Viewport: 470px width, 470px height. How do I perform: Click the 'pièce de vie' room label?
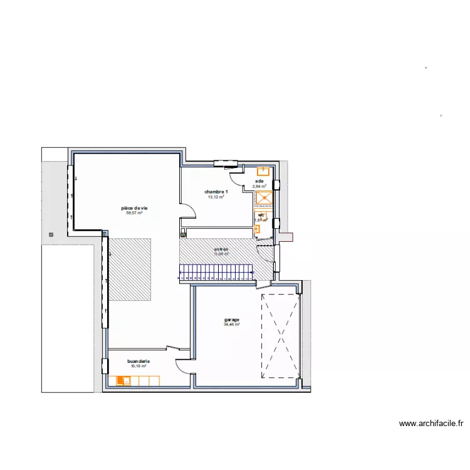(x=135, y=208)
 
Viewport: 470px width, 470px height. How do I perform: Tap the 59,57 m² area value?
(x=135, y=213)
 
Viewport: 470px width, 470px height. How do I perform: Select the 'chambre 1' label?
(x=216, y=192)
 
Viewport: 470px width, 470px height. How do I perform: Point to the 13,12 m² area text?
(x=216, y=197)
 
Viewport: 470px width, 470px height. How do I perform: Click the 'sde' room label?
(x=259, y=181)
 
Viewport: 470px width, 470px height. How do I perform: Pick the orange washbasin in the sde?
(x=263, y=170)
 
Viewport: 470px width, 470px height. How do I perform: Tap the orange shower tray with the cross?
(x=264, y=198)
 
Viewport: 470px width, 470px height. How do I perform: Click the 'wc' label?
(x=261, y=215)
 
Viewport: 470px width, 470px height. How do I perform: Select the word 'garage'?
(x=232, y=320)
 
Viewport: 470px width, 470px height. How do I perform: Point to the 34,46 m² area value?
(x=232, y=325)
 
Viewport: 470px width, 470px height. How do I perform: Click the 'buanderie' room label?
(x=138, y=362)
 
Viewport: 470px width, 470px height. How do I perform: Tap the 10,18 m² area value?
(x=138, y=367)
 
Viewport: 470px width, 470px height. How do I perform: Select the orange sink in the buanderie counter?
(x=126, y=380)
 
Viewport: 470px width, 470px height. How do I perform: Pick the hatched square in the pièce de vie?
(x=130, y=269)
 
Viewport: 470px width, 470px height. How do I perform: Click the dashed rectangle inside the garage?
(x=280, y=335)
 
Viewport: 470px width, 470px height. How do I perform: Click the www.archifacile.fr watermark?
(x=431, y=424)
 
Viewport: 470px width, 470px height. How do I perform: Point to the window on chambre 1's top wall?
(x=222, y=164)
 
